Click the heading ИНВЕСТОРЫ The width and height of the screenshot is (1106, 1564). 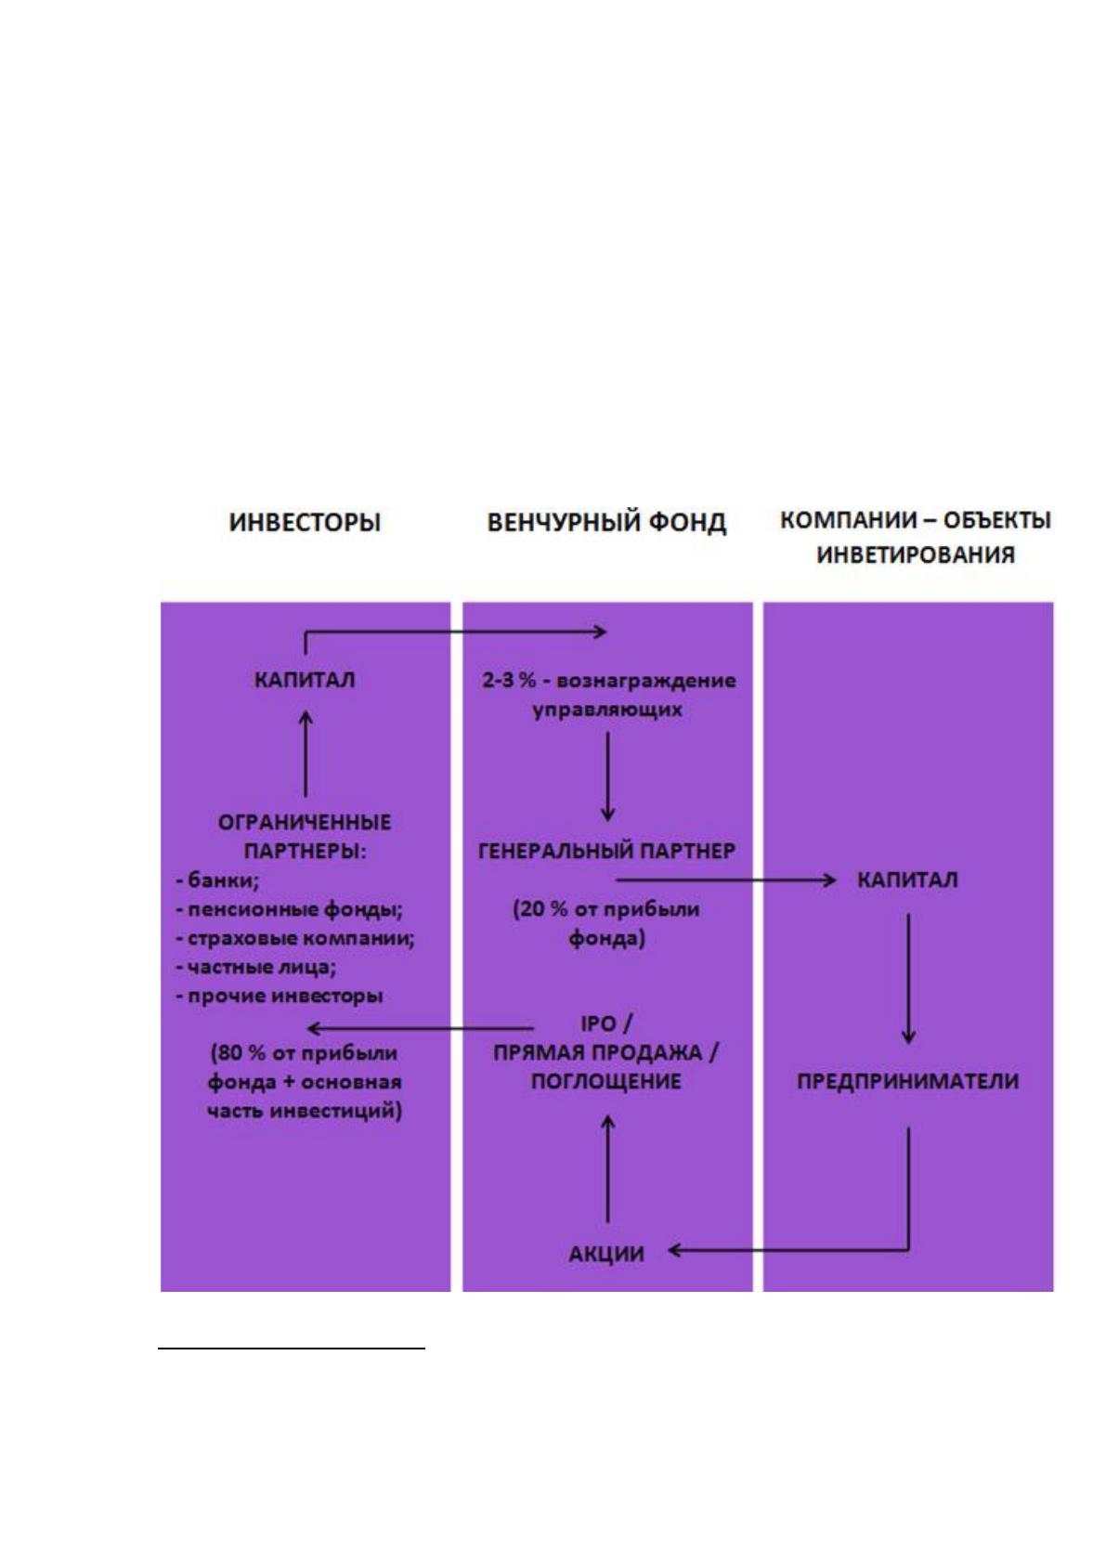[305, 522]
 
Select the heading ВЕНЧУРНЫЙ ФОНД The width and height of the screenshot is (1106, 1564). [606, 522]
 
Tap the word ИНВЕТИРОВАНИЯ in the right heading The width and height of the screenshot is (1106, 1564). [916, 555]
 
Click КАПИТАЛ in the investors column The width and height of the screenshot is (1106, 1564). [305, 679]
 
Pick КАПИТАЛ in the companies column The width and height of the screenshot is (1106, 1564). [907, 880]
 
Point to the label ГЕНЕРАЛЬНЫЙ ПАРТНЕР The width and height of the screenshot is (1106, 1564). [606, 851]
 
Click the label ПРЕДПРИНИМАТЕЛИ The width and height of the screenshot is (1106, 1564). [907, 1082]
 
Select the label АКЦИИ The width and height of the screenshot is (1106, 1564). [606, 1254]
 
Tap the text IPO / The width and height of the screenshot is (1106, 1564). [606, 1023]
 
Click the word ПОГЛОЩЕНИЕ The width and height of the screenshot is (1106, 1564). [606, 1082]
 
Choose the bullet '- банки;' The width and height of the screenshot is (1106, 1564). [217, 880]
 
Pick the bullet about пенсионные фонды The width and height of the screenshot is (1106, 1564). [289, 909]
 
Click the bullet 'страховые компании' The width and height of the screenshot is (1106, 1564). [294, 938]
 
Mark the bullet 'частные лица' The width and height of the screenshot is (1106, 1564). [255, 967]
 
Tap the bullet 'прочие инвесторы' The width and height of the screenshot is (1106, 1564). [280, 996]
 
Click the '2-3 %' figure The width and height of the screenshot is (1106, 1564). [508, 679]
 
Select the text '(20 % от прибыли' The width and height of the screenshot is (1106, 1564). [606, 909]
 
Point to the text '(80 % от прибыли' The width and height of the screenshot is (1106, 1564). [304, 1053]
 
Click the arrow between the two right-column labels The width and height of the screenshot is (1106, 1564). [907, 978]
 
